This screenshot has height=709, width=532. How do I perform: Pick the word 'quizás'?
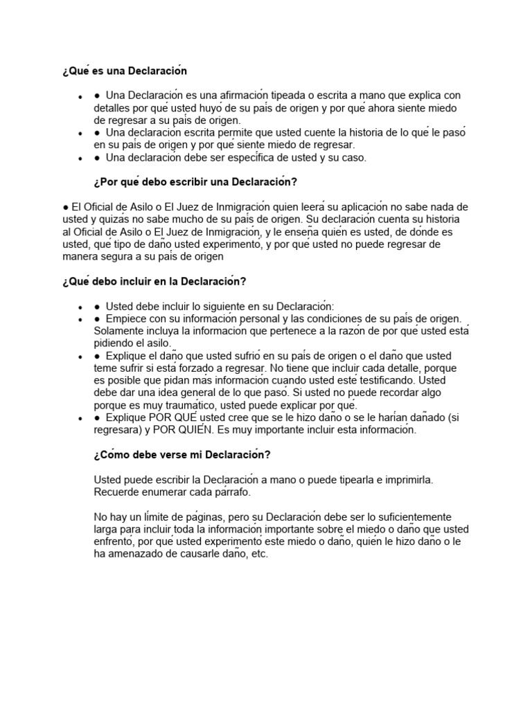115,219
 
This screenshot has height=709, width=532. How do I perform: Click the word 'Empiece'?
127,318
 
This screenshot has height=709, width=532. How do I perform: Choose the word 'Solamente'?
120,331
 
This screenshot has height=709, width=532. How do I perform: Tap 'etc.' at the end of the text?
257,555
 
